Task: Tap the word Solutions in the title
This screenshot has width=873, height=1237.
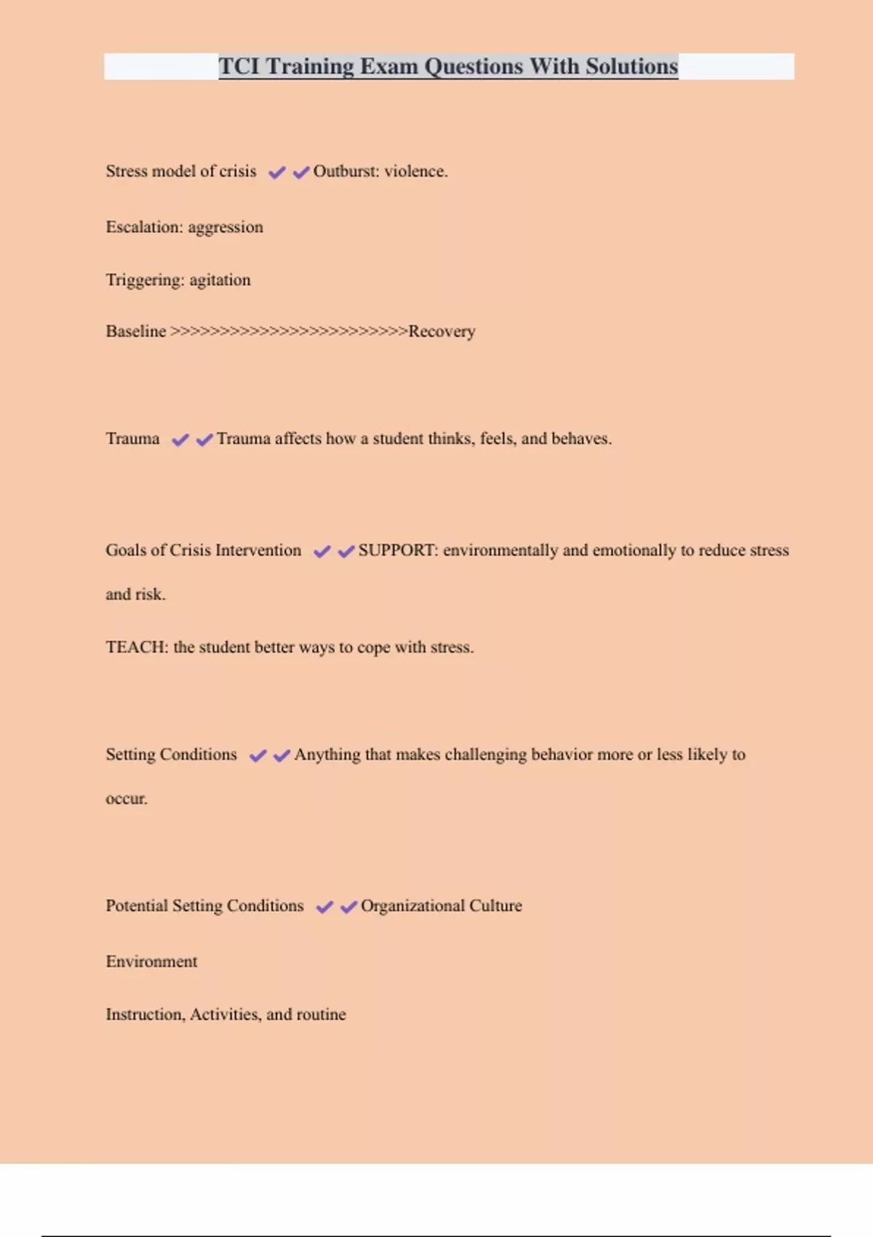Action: [631, 66]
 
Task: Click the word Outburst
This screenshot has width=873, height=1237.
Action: [345, 171]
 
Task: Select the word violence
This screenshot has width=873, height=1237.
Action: [415, 171]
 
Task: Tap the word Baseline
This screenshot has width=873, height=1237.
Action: [136, 331]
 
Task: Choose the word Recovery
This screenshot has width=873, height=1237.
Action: [442, 332]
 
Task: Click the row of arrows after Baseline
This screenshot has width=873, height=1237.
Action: [288, 331]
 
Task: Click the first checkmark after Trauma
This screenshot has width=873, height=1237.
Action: [180, 439]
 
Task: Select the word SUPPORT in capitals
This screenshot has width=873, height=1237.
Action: [397, 550]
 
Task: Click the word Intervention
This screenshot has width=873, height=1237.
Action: [258, 550]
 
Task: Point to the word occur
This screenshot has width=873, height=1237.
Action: [126, 798]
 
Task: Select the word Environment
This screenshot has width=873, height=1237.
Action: [151, 961]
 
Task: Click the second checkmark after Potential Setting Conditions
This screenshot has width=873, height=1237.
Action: [348, 907]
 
